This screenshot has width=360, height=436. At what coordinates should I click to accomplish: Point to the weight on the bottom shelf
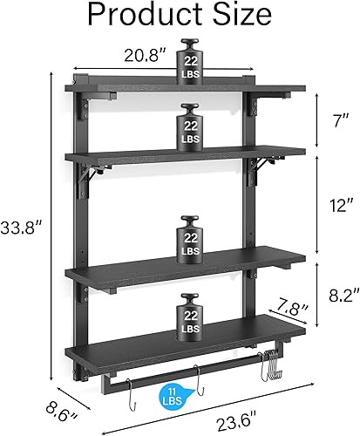point(189,319)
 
